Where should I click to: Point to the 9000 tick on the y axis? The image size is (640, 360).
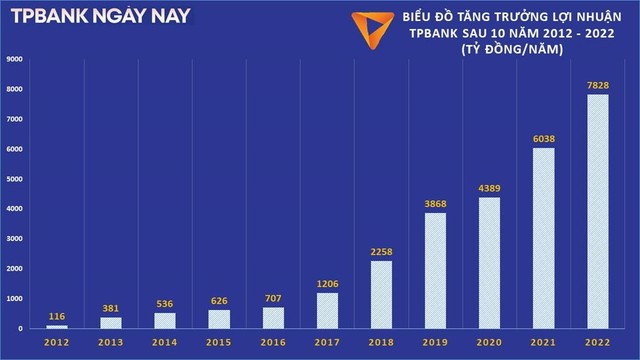point(14,59)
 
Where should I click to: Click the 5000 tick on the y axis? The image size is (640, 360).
point(14,179)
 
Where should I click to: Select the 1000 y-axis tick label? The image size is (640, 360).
point(14,299)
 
